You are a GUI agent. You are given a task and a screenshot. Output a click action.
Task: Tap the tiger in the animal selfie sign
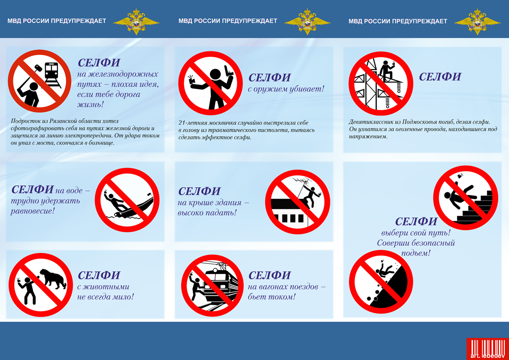53,278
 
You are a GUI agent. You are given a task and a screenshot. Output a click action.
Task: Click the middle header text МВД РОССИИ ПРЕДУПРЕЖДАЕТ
228,21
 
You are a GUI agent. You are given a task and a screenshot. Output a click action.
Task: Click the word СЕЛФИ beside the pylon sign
440,77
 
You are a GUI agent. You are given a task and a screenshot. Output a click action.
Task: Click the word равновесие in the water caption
32,210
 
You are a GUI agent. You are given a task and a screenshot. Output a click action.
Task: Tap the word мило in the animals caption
120,297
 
